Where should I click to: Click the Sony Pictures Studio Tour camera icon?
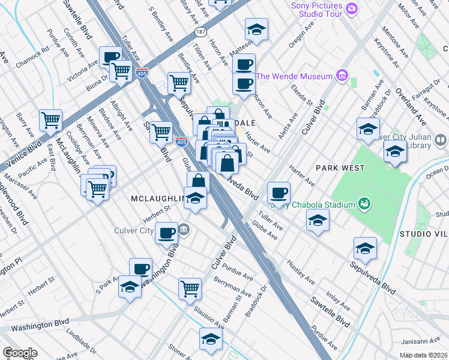(x=351, y=8)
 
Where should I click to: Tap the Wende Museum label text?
(x=294, y=76)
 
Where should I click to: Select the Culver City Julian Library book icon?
(x=440, y=140)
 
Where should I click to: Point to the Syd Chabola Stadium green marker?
(x=363, y=204)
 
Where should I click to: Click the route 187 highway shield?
(x=197, y=30)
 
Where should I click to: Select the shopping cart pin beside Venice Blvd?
(x=50, y=119)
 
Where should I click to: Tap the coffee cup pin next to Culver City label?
(x=166, y=233)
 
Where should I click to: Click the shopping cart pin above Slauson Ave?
(x=190, y=288)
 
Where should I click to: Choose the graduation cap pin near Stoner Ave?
(x=211, y=340)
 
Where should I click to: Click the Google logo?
(x=20, y=353)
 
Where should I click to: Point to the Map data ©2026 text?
(x=424, y=355)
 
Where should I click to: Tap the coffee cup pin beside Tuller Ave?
(x=278, y=193)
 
